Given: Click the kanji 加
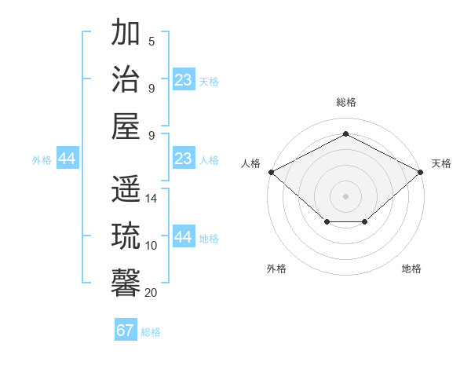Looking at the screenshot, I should click(x=126, y=35).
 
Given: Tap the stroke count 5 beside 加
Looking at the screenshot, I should click(x=152, y=42).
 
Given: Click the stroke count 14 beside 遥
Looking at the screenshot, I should click(x=152, y=199).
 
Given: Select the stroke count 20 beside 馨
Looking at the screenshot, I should click(x=152, y=292).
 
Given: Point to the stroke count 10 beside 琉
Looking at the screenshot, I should click(x=152, y=245).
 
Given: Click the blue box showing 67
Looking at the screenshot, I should click(x=126, y=331).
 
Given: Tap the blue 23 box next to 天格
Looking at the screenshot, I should click(x=184, y=80).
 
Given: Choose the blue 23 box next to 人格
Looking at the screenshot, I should click(x=184, y=159).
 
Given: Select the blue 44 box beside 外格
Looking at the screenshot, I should click(x=67, y=159).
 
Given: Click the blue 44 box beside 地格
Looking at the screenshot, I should click(x=184, y=237).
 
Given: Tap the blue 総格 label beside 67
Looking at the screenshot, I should click(x=151, y=332).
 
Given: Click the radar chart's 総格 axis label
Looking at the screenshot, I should click(x=345, y=103).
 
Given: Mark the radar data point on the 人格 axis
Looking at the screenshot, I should click(x=271, y=172).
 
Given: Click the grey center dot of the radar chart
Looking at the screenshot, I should click(x=345, y=195).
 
